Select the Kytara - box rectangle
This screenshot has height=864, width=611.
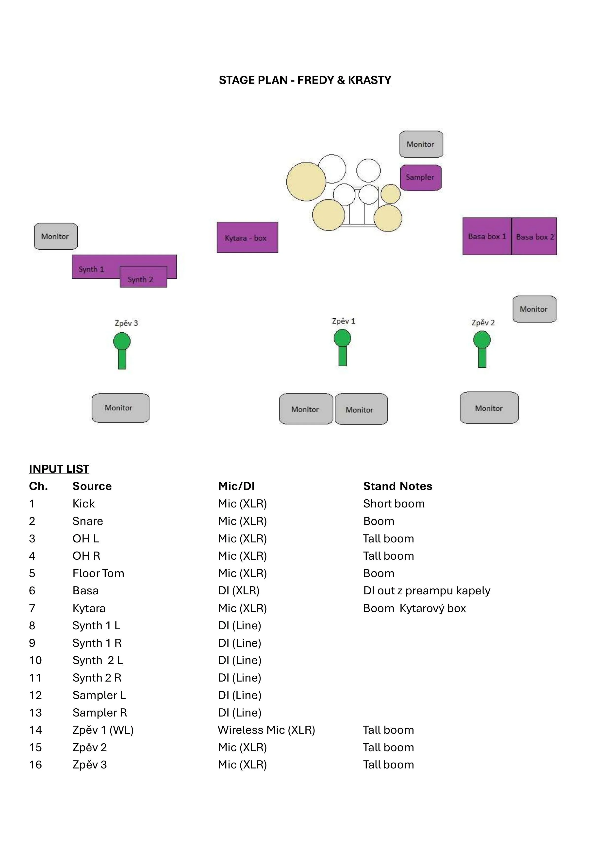point(247,237)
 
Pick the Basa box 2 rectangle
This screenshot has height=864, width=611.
point(534,236)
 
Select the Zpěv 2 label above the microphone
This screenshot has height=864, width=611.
point(483,323)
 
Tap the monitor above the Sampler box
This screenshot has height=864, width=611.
point(421,144)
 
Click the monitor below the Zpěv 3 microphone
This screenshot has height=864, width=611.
point(120,408)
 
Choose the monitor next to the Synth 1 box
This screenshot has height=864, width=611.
point(55,236)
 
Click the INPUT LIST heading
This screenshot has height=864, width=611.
point(59,469)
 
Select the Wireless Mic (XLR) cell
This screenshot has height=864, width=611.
point(266,730)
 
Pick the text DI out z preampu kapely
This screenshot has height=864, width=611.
point(427,590)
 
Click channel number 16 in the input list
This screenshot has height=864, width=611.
point(35,765)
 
